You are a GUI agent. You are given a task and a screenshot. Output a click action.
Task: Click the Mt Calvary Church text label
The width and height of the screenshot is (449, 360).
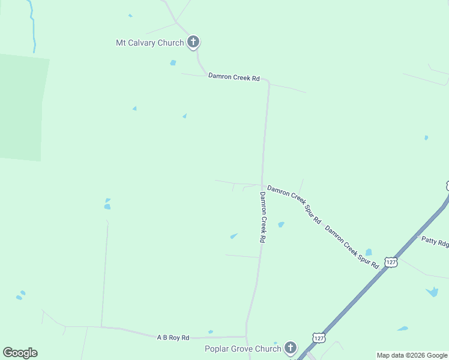(x=149, y=43)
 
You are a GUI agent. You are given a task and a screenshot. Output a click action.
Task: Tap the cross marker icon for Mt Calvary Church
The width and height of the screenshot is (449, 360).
(x=193, y=42)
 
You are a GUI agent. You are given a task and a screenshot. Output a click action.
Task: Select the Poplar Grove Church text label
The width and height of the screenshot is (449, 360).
(x=243, y=349)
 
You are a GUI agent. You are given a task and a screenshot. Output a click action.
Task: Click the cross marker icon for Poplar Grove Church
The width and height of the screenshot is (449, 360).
(x=291, y=347)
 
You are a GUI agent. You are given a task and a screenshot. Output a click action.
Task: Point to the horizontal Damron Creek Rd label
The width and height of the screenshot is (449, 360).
(x=234, y=77)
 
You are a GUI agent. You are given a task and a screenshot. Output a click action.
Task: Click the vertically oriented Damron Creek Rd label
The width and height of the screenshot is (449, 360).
(x=262, y=217)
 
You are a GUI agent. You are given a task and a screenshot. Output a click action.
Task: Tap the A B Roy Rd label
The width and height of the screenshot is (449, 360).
(x=173, y=338)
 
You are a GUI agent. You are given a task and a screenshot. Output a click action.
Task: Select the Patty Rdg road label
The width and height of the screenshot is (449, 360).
(x=435, y=242)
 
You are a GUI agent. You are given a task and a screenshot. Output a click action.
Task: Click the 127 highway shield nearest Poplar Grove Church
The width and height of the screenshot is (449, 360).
(x=318, y=338)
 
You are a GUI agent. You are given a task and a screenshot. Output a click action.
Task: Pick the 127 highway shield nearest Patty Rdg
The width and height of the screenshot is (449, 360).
(x=391, y=263)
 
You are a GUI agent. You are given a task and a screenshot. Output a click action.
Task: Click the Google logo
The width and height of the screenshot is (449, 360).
(x=20, y=353)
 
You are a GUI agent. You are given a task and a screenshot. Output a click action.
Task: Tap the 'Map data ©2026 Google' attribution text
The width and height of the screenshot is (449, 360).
(x=412, y=355)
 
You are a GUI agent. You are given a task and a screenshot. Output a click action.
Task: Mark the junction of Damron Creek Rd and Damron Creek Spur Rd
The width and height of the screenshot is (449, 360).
(x=261, y=185)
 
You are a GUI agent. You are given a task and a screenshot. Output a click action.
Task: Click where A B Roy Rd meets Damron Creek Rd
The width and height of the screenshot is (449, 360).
(x=246, y=336)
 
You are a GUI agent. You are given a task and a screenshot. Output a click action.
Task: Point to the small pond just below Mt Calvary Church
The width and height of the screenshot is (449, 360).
(x=173, y=62)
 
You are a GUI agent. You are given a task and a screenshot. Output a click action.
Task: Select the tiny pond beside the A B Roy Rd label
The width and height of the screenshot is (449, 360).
(x=210, y=332)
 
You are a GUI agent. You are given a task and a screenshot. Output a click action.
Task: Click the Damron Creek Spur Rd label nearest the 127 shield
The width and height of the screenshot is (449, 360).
(x=352, y=247)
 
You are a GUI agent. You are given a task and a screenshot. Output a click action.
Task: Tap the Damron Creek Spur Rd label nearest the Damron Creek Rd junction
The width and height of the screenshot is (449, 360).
(x=295, y=205)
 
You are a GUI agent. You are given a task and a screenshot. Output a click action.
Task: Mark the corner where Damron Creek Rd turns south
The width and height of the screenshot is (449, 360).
(x=268, y=82)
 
